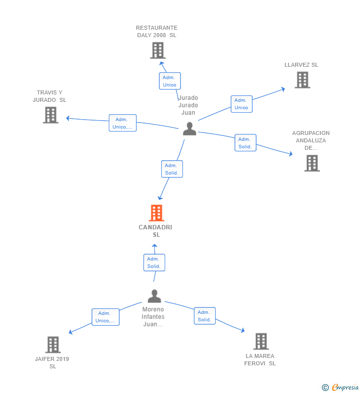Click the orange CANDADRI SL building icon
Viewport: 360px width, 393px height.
(x=156, y=213)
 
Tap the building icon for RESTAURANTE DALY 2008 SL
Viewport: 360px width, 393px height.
(x=158, y=50)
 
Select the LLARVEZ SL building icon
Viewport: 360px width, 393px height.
(x=302, y=80)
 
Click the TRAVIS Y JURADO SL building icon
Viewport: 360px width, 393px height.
(x=50, y=115)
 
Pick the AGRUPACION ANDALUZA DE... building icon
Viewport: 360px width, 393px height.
(x=312, y=163)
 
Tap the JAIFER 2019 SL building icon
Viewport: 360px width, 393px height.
(x=53, y=345)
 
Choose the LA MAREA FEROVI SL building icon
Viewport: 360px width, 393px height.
(x=261, y=342)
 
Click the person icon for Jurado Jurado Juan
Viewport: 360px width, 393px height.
(x=189, y=129)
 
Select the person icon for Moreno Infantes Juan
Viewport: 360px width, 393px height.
(x=154, y=296)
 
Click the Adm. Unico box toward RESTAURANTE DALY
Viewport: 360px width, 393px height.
(x=170, y=81)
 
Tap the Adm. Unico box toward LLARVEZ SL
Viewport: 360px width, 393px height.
(x=241, y=104)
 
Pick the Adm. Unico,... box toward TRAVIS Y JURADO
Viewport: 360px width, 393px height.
(x=123, y=123)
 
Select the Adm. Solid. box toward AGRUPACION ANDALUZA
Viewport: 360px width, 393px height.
(x=245, y=142)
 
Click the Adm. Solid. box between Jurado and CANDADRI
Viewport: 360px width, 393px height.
(x=172, y=169)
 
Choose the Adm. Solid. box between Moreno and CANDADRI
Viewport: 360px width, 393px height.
(x=154, y=262)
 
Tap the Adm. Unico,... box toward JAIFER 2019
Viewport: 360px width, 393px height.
(x=105, y=317)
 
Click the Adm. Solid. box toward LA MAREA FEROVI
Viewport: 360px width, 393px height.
(x=205, y=316)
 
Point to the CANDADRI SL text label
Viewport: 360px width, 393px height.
(x=155, y=231)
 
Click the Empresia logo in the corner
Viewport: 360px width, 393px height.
(x=340, y=387)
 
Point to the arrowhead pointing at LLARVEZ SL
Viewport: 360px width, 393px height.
(x=283, y=89)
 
